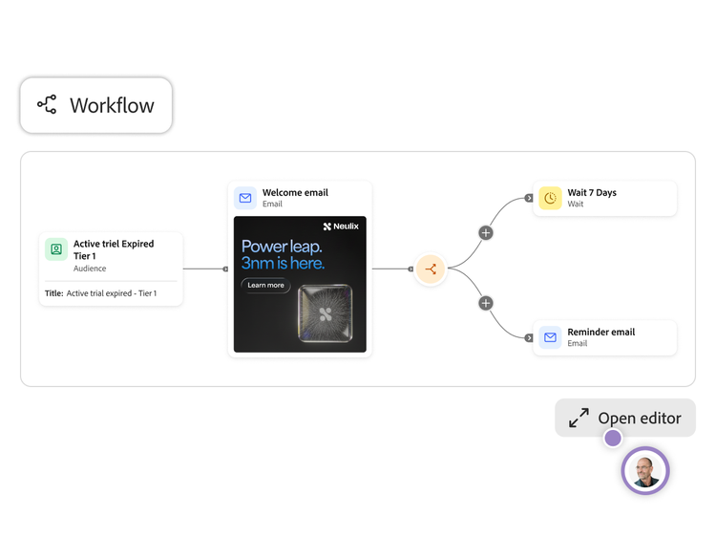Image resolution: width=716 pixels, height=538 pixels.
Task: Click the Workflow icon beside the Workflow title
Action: (x=47, y=105)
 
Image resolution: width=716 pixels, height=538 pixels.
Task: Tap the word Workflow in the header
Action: (x=112, y=105)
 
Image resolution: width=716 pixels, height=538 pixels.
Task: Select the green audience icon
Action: (x=56, y=249)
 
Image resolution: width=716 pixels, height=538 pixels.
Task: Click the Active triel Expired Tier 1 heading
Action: (x=114, y=249)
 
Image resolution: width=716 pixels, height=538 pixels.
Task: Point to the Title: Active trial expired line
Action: (x=100, y=293)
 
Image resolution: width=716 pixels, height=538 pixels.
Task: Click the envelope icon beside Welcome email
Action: (x=245, y=198)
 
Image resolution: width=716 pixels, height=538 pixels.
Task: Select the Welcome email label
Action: (x=295, y=192)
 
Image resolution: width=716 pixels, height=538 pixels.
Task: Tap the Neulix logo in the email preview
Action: (x=341, y=226)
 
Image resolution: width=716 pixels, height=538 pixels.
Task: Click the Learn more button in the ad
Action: (x=265, y=285)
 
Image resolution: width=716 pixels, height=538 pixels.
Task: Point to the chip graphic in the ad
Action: (x=326, y=313)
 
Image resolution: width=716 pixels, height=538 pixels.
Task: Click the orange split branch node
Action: (x=431, y=269)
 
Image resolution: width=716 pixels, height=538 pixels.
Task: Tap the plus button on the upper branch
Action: (x=486, y=232)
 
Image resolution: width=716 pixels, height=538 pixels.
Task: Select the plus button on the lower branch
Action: (x=486, y=303)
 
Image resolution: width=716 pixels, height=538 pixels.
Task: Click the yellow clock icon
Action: (x=550, y=198)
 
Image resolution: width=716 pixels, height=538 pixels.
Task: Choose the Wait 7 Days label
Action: (x=592, y=192)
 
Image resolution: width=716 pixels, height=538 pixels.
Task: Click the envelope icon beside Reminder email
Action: (x=550, y=337)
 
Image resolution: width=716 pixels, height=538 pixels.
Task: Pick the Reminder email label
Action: (x=600, y=332)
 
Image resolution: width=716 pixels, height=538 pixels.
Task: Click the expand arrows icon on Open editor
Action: (x=579, y=418)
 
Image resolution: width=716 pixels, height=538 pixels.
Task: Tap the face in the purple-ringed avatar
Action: (x=644, y=471)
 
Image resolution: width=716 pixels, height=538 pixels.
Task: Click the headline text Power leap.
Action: (x=282, y=247)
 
